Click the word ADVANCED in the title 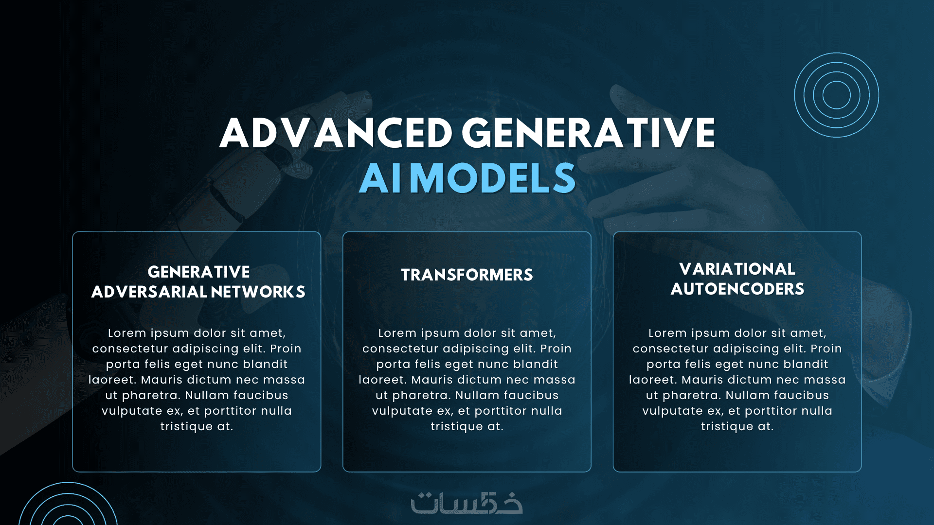(336, 133)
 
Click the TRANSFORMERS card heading (467, 275)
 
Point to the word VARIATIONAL (737, 269)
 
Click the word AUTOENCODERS (737, 289)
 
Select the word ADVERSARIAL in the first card (149, 292)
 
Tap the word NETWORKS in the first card (258, 292)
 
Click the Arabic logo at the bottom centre (467, 503)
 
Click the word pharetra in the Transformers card (421, 396)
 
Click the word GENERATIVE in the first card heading (199, 272)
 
